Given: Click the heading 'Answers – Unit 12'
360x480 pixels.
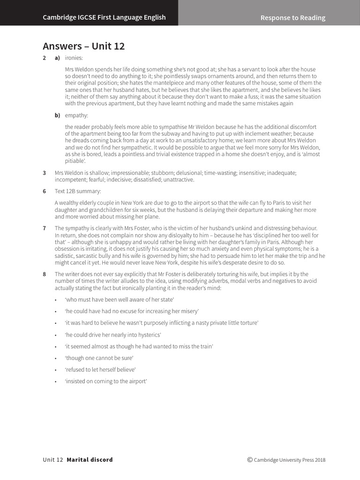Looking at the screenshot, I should coord(83,46).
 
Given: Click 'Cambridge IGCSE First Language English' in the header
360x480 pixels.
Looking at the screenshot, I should coord(104,17).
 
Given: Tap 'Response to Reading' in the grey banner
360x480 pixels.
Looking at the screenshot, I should coord(292,18).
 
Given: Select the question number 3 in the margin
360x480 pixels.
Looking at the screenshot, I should coord(45,173).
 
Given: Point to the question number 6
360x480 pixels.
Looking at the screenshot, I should coord(45,191).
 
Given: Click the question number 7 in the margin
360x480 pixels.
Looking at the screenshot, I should coord(45,228).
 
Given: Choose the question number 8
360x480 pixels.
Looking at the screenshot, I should coord(45,274).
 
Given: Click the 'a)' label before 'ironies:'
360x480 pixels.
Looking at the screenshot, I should coord(57,58).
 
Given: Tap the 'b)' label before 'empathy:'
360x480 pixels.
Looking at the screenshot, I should coord(57,115).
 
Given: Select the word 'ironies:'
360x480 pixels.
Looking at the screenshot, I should coord(74,58).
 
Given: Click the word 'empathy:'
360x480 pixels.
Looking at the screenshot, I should coord(76,115).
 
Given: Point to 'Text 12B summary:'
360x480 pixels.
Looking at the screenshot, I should coord(77,191).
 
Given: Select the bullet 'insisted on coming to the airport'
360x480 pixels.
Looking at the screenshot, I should coord(106,382).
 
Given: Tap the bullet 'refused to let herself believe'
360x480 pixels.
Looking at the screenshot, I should coord(100,370).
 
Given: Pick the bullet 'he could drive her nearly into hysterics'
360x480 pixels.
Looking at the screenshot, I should coord(113,335).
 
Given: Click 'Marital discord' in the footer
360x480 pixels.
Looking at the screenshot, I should coord(90,460).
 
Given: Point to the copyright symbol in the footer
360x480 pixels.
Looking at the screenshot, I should coord(250,460).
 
